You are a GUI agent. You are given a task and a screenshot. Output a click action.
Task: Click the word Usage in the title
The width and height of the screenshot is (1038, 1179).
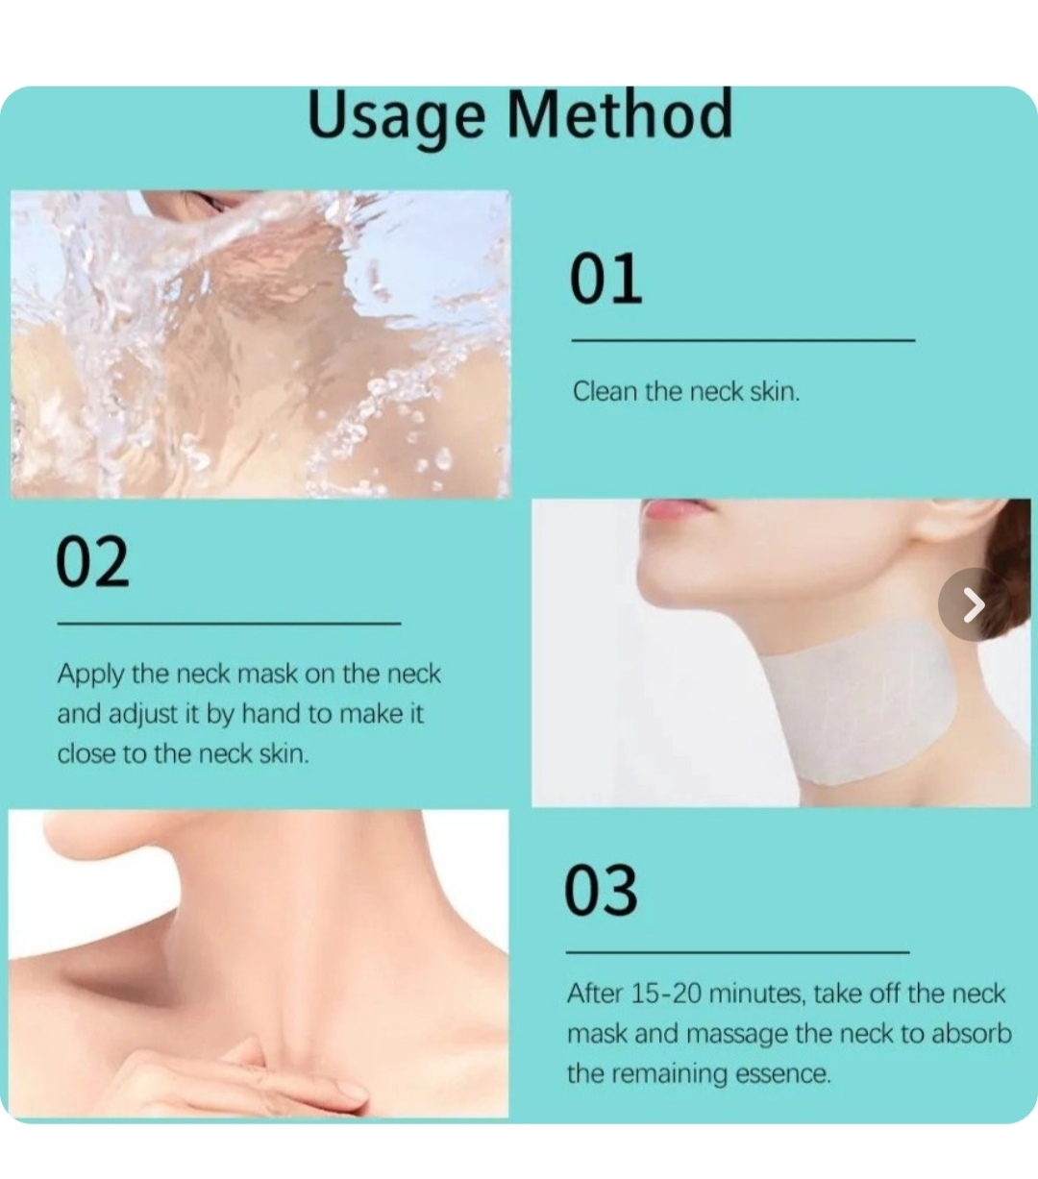(x=396, y=117)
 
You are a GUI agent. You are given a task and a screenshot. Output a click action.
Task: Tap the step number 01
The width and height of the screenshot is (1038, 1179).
(x=605, y=279)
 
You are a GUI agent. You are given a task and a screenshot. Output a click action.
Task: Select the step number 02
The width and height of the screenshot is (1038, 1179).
(x=92, y=561)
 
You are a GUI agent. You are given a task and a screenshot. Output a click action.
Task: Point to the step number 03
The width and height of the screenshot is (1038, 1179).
(x=601, y=891)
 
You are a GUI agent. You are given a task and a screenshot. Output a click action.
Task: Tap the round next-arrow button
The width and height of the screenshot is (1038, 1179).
(x=975, y=604)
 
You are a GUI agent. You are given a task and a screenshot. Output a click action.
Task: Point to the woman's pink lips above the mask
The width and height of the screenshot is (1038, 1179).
(x=676, y=510)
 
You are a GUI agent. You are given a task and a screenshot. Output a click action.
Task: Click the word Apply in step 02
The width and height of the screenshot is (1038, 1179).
(x=90, y=675)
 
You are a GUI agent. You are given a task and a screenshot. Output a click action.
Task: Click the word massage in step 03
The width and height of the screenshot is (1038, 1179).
(x=737, y=1035)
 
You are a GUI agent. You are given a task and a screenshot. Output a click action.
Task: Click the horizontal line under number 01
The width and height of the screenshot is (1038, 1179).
(x=744, y=340)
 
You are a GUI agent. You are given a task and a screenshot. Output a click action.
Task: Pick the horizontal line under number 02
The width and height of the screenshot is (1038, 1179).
(x=230, y=624)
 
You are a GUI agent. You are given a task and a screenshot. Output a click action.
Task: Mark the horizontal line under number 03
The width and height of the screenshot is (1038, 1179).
(x=737, y=952)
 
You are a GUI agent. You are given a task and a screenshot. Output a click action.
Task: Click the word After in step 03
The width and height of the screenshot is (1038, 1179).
(x=595, y=994)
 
